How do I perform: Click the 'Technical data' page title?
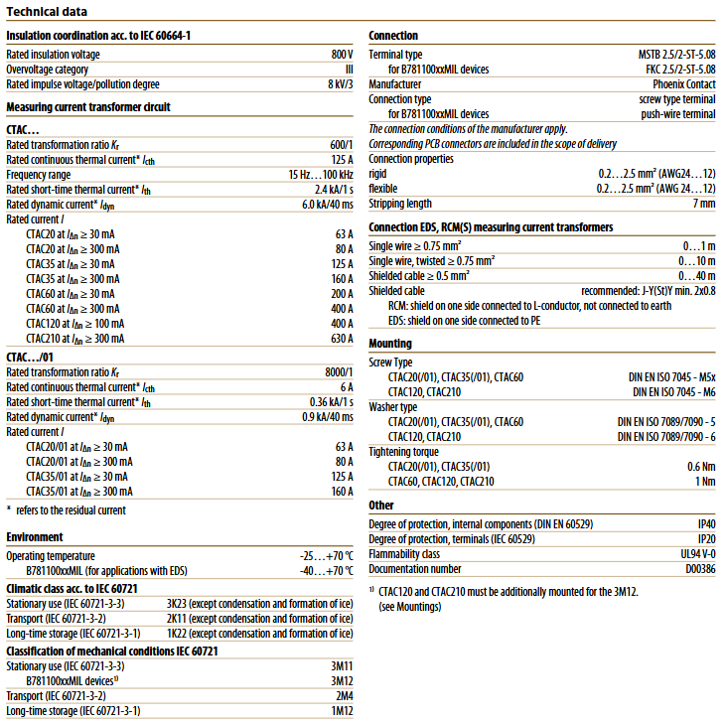[47, 12]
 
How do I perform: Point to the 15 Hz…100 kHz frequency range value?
[315, 174]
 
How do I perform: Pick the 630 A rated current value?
[341, 338]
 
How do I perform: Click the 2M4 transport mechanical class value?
[343, 696]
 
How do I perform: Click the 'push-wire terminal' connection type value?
[677, 114]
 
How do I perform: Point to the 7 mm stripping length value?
[703, 204]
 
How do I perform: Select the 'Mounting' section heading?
[390, 344]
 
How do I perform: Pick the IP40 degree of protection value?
[705, 523]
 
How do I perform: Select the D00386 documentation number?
[698, 569]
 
